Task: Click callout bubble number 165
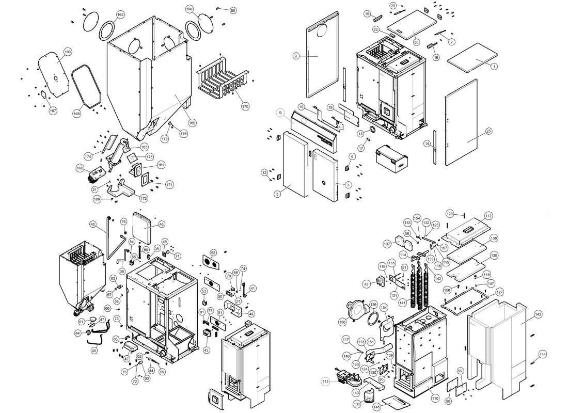click(120, 14)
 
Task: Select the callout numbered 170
click(245, 107)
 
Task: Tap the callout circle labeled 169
click(68, 52)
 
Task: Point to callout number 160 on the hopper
click(192, 123)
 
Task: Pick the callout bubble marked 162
click(80, 168)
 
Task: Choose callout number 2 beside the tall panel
click(296, 56)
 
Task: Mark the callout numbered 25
click(488, 131)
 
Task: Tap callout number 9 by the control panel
click(279, 113)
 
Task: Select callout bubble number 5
click(277, 194)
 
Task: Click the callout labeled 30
click(416, 42)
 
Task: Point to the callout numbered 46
click(162, 225)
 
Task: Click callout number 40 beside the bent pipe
click(93, 225)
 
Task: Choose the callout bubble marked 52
click(213, 252)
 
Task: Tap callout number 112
click(488, 216)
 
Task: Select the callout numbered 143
click(538, 314)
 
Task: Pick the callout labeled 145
click(376, 407)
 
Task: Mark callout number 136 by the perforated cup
click(357, 404)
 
